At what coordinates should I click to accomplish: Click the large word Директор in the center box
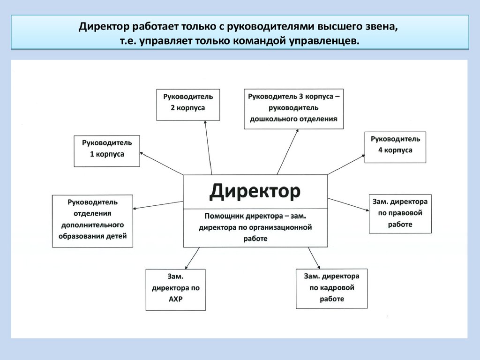pyautogui.click(x=255, y=191)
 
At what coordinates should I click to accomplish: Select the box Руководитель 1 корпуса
pyautogui.click(x=107, y=150)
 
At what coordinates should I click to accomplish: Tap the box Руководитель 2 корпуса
pyautogui.click(x=188, y=105)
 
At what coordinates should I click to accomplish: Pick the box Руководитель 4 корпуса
pyautogui.click(x=395, y=147)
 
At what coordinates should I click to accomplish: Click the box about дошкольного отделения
pyautogui.click(x=293, y=108)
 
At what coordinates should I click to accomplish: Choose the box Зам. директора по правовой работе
pyautogui.click(x=400, y=213)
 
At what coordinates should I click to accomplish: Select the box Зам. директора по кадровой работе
pyautogui.click(x=331, y=288)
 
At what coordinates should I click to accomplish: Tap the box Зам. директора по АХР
pyautogui.click(x=175, y=289)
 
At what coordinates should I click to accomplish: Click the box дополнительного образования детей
pyautogui.click(x=92, y=220)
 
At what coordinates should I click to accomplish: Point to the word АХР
pyautogui.click(x=175, y=299)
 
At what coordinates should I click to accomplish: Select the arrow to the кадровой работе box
pyautogui.click(x=313, y=257)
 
